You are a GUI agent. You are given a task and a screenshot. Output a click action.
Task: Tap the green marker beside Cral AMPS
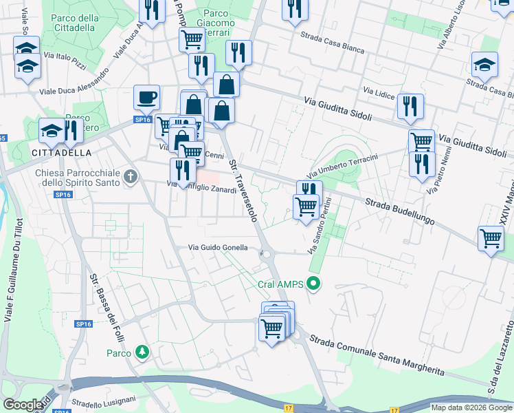(x=315, y=283)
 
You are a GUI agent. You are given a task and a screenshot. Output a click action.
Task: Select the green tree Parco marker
(x=142, y=352)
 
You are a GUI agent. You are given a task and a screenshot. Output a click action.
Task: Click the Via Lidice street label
(x=377, y=92)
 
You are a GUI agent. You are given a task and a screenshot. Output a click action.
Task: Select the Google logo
(x=23, y=405)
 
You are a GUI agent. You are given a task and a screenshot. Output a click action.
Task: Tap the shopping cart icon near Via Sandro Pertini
(x=306, y=206)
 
